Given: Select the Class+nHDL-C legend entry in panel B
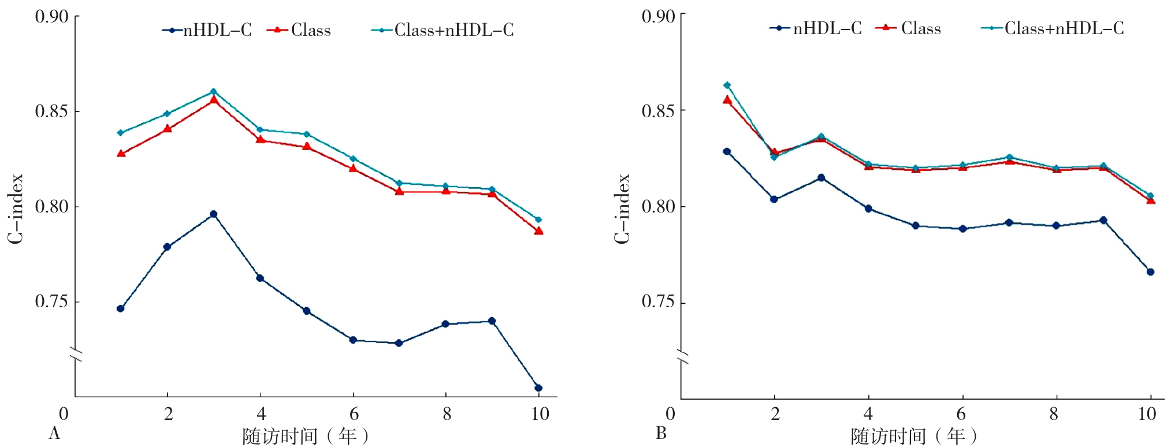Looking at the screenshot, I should point(1053,28).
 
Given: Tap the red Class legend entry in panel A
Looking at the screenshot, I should point(299,30).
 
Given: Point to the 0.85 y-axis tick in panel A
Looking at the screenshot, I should point(51,111).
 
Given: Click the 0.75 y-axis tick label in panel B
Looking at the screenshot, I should point(658,302).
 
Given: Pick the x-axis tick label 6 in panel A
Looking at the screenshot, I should point(354,414).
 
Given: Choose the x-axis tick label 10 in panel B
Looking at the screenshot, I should point(1147,414).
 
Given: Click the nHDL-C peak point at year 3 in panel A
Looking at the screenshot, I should point(213,214).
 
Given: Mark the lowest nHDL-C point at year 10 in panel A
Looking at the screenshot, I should point(538,388).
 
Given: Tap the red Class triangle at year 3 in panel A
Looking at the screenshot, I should point(213,99).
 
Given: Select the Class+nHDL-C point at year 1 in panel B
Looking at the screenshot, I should point(727,85).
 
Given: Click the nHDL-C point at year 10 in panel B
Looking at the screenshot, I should point(1150,272).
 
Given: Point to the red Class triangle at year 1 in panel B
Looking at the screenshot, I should point(727,100).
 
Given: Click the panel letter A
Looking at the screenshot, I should point(54,433).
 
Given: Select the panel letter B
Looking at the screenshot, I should point(661,433).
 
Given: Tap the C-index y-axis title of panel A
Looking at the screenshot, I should point(16,208).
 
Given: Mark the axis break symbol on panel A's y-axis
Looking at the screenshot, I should point(76,355).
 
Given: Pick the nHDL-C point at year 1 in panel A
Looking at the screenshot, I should point(120,309).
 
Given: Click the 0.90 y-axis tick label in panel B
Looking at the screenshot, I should point(658,16).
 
